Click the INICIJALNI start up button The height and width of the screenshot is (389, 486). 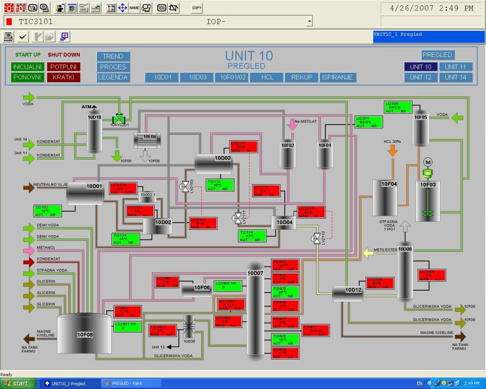pos(28,67)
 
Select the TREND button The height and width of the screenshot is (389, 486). pos(113,57)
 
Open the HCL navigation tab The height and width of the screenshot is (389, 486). pos(267,77)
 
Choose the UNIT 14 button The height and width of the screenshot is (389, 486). pos(455,77)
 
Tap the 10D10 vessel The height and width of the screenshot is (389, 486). pos(94,130)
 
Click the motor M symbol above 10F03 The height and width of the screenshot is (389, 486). pos(428,162)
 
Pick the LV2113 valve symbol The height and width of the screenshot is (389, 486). pos(316,239)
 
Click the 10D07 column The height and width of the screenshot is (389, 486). pos(255,309)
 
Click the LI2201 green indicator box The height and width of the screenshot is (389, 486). pos(369,122)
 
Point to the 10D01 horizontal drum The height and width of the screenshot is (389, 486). pos(85,193)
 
